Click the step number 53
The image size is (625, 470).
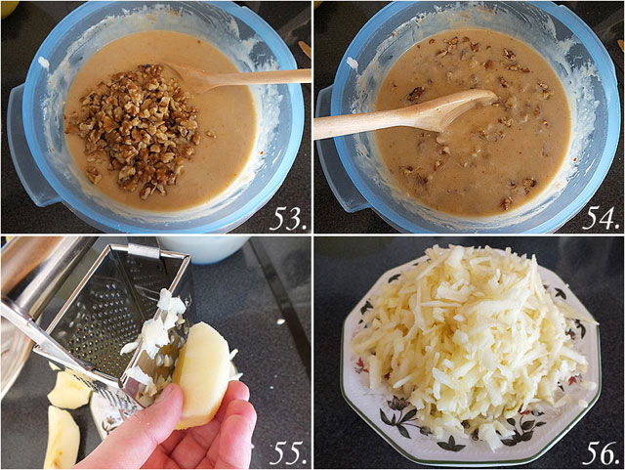(289, 219)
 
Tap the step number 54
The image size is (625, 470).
(602, 219)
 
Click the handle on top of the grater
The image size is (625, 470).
(144, 251)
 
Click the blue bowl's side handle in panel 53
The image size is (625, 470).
(23, 148)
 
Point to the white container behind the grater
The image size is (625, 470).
(203, 249)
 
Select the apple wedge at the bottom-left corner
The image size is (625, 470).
(62, 437)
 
